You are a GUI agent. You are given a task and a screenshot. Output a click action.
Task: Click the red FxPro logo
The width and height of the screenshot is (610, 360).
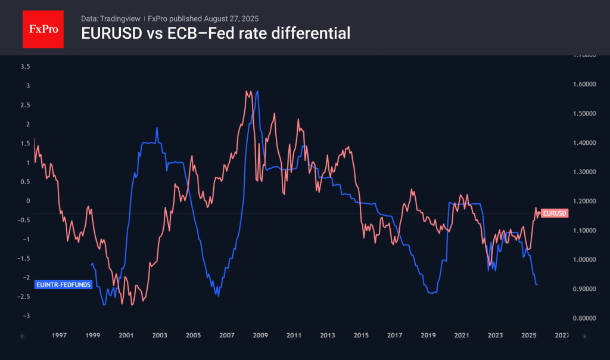pos(43,28)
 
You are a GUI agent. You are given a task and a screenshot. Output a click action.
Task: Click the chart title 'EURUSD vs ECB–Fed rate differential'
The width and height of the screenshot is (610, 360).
pos(215,34)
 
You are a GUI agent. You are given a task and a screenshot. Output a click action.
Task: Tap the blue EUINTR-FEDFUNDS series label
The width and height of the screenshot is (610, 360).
pos(64,285)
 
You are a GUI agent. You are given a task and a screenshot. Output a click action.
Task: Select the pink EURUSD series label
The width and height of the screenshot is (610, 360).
pos(555,213)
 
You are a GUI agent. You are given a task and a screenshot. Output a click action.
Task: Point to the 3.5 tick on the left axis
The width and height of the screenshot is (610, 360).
pos(24,66)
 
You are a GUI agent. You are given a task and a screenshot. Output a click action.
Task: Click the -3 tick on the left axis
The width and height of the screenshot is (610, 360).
pos(26,315)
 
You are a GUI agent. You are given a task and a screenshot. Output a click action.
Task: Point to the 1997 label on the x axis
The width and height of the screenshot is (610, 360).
pos(59,336)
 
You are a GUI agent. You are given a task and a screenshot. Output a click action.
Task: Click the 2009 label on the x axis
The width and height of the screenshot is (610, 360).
pos(260,336)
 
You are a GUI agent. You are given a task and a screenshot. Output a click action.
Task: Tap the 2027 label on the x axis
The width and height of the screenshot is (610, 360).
pos(562,336)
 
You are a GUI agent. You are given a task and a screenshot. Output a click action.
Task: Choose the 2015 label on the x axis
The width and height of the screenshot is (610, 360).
pos(361,336)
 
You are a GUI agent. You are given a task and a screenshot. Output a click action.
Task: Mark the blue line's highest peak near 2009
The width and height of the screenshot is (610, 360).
pos(257,91)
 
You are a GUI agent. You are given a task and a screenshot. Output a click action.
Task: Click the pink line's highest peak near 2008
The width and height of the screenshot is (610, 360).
pos(246,91)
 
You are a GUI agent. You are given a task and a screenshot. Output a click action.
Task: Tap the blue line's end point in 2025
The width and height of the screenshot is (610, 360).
pos(538,284)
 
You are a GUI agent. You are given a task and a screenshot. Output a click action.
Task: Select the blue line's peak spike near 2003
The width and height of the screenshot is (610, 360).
pos(157,128)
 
